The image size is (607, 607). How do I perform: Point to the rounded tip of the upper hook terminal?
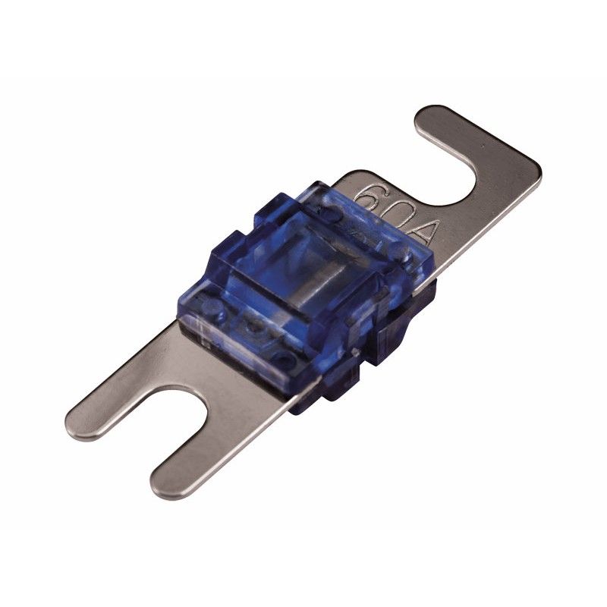(430, 115)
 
